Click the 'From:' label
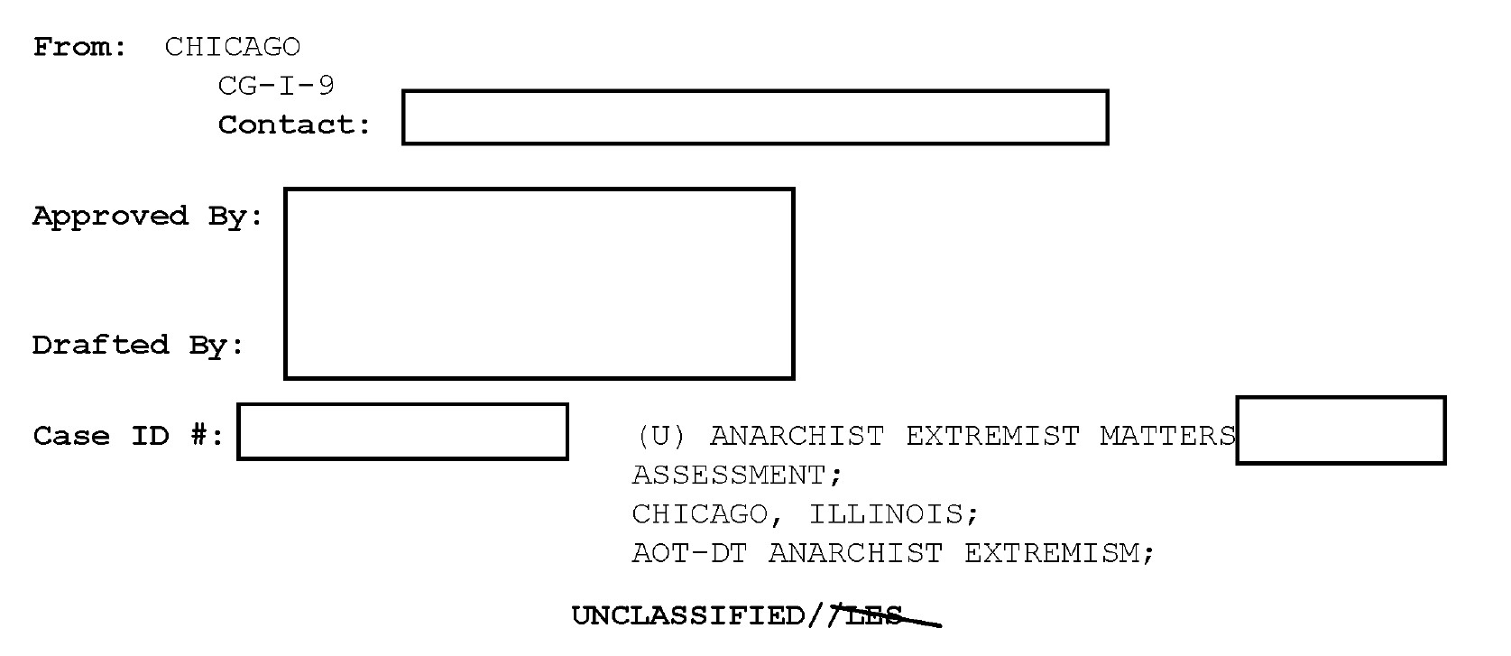pyautogui.click(x=80, y=47)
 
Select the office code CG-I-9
pyautogui.click(x=276, y=86)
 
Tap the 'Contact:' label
pyautogui.click(x=295, y=125)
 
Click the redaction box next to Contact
pyautogui.click(x=755, y=117)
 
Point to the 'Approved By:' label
pyautogui.click(x=148, y=217)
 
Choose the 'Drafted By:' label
pyautogui.click(x=138, y=346)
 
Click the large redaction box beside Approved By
pyautogui.click(x=539, y=283)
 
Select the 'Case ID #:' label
pyautogui.click(x=128, y=436)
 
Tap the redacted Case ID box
pyautogui.click(x=402, y=431)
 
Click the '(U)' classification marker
pyautogui.click(x=661, y=436)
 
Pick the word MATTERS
pyautogui.click(x=1167, y=436)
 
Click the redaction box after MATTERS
pyautogui.click(x=1341, y=430)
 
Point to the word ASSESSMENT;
pyautogui.click(x=737, y=475)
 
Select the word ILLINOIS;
pyautogui.click(x=893, y=514)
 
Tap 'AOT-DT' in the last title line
pyautogui.click(x=690, y=552)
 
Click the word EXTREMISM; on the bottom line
pyautogui.click(x=1060, y=552)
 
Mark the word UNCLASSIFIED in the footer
pyautogui.click(x=689, y=616)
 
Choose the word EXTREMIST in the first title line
pyautogui.click(x=992, y=436)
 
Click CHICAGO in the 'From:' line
pyautogui.click(x=233, y=47)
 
